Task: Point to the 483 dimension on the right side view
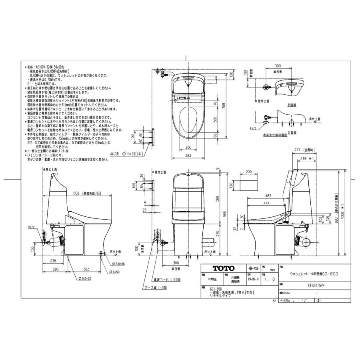click(268, 196)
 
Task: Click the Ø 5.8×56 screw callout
click(117, 263)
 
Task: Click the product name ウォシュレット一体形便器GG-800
click(314, 274)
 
